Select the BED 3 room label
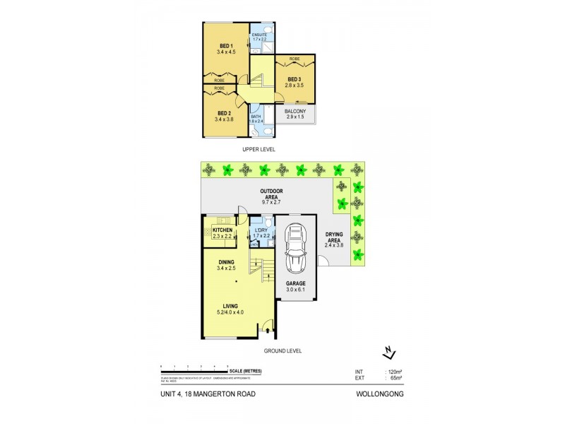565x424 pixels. (294, 79)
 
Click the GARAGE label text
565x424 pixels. (295, 283)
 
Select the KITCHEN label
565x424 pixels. (223, 231)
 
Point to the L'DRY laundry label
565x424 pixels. (260, 231)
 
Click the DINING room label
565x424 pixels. (226, 261)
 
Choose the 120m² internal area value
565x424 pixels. (393, 372)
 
